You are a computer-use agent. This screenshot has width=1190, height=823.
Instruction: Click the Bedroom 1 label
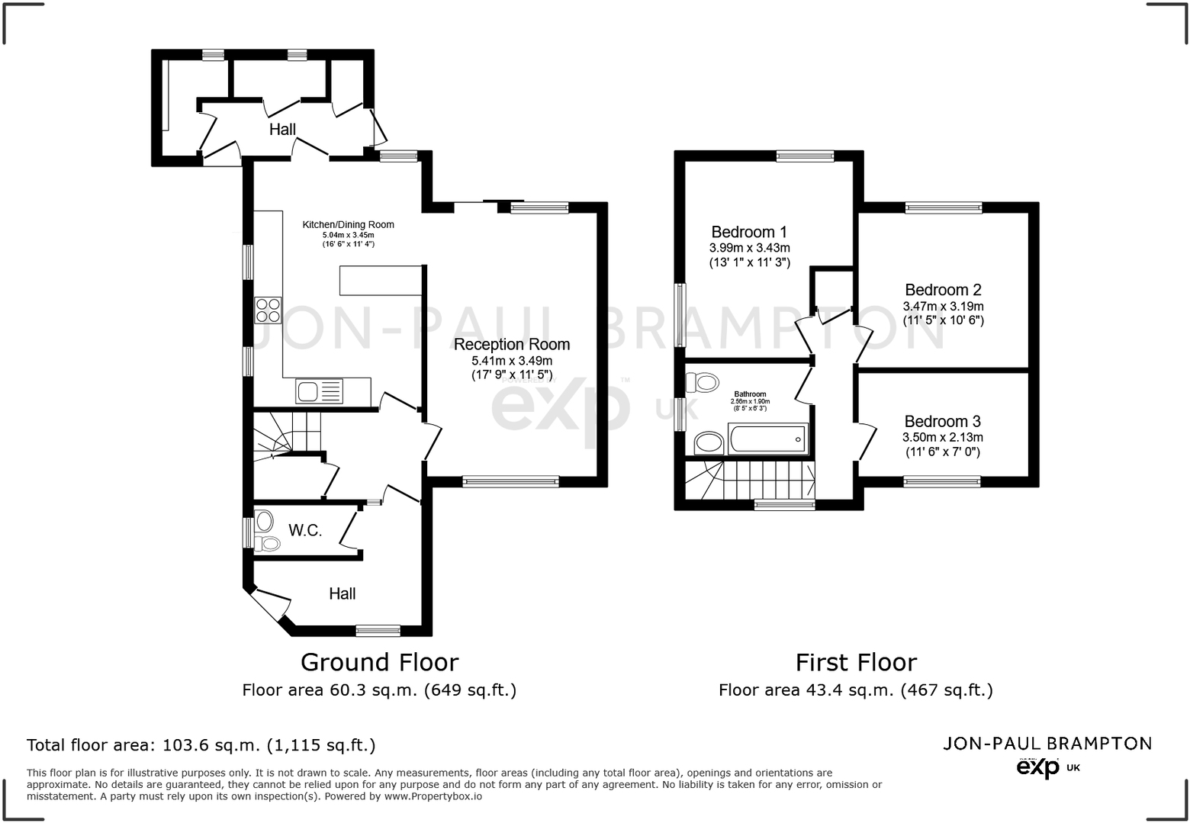[748, 232]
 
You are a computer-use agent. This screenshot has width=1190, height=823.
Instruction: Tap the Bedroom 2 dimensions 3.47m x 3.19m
[943, 307]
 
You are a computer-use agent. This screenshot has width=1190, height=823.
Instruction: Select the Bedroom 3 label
[942, 421]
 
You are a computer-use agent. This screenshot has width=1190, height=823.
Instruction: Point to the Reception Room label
[511, 344]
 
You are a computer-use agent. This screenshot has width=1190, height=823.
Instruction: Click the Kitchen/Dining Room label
[348, 224]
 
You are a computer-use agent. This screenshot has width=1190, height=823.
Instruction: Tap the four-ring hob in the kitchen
[268, 310]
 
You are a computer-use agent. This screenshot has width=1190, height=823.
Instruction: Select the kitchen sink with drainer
[319, 392]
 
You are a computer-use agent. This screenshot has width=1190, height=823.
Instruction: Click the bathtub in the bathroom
[767, 439]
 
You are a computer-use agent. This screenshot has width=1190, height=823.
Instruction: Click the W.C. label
[305, 530]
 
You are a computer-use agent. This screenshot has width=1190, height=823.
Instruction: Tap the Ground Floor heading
[379, 662]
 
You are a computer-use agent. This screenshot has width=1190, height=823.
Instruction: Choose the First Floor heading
[856, 662]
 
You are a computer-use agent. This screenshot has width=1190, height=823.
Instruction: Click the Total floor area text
[201, 745]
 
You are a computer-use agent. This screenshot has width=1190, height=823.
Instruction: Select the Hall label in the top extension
[282, 130]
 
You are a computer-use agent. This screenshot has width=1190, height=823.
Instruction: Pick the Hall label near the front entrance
[342, 593]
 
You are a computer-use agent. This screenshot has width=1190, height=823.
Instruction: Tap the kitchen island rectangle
[381, 280]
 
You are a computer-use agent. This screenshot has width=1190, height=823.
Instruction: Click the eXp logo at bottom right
[1039, 767]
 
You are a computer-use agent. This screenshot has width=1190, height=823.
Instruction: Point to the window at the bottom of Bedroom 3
[941, 481]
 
